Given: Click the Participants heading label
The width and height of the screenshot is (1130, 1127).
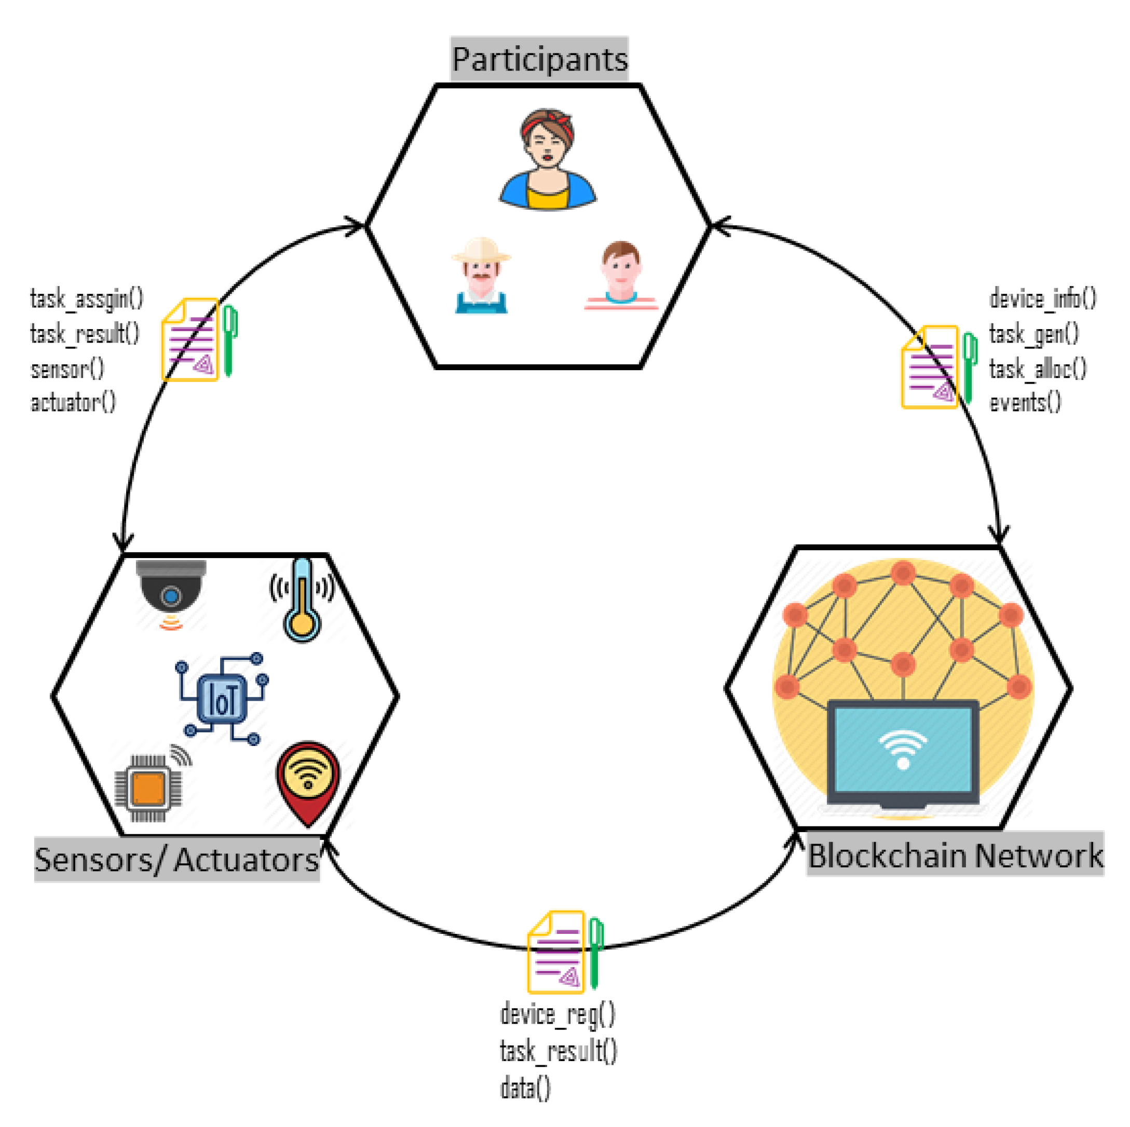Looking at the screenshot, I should click(x=539, y=59).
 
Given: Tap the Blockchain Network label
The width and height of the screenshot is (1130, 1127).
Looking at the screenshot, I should click(x=955, y=856).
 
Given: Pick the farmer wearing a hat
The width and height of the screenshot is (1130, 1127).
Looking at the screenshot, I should click(x=481, y=276).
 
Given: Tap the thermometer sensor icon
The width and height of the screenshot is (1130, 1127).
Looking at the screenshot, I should click(x=302, y=600).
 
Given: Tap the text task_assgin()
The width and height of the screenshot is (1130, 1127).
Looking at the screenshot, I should click(x=87, y=298).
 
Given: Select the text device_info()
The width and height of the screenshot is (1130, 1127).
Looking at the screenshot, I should click(x=1042, y=298).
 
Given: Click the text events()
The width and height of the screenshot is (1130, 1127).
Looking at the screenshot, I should click(x=1025, y=402).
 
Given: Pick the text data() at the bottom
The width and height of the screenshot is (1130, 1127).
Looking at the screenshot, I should click(x=525, y=1088).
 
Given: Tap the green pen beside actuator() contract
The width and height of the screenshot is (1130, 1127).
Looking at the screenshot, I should click(x=230, y=341).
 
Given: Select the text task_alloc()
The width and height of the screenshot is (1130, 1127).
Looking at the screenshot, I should click(x=1038, y=369).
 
